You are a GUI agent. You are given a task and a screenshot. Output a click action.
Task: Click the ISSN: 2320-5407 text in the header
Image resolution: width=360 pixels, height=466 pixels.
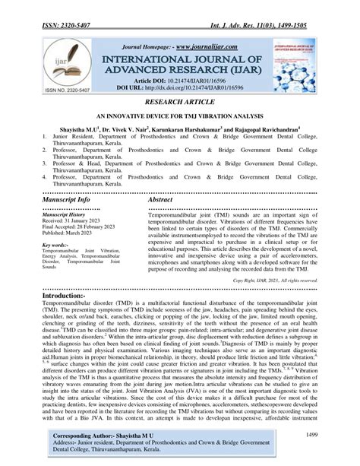tap(57, 8)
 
